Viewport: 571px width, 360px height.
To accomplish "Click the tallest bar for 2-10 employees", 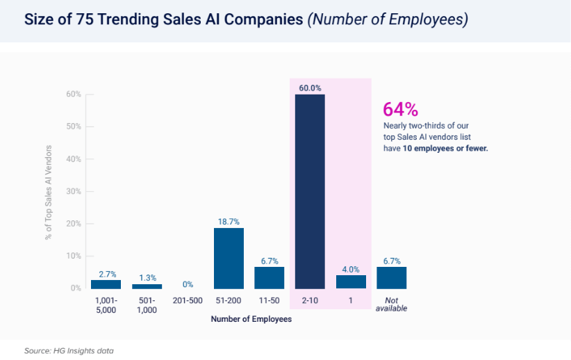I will [x=310, y=191].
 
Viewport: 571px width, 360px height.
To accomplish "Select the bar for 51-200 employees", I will [x=229, y=258].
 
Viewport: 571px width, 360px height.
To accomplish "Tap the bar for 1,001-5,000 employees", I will [x=106, y=284].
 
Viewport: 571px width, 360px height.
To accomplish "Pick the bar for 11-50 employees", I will [x=270, y=277].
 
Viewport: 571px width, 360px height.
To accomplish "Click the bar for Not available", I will [x=391, y=277].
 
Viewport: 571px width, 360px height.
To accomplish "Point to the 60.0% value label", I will [x=310, y=88].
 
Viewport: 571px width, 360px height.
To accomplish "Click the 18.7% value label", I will [x=229, y=221].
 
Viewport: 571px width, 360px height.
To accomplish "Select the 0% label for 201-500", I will [x=188, y=284].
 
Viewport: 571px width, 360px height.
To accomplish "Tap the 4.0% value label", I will [x=351, y=269].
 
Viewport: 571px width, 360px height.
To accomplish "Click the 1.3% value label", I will [x=147, y=278].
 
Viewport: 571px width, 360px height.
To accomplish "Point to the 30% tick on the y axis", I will [x=74, y=191].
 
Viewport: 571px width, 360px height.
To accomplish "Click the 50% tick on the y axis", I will [x=74, y=126].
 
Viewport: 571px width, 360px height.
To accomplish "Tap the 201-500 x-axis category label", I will [x=188, y=300].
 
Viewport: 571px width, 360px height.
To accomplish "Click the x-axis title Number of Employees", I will [x=251, y=320].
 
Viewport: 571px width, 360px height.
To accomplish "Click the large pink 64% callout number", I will [x=401, y=109].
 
